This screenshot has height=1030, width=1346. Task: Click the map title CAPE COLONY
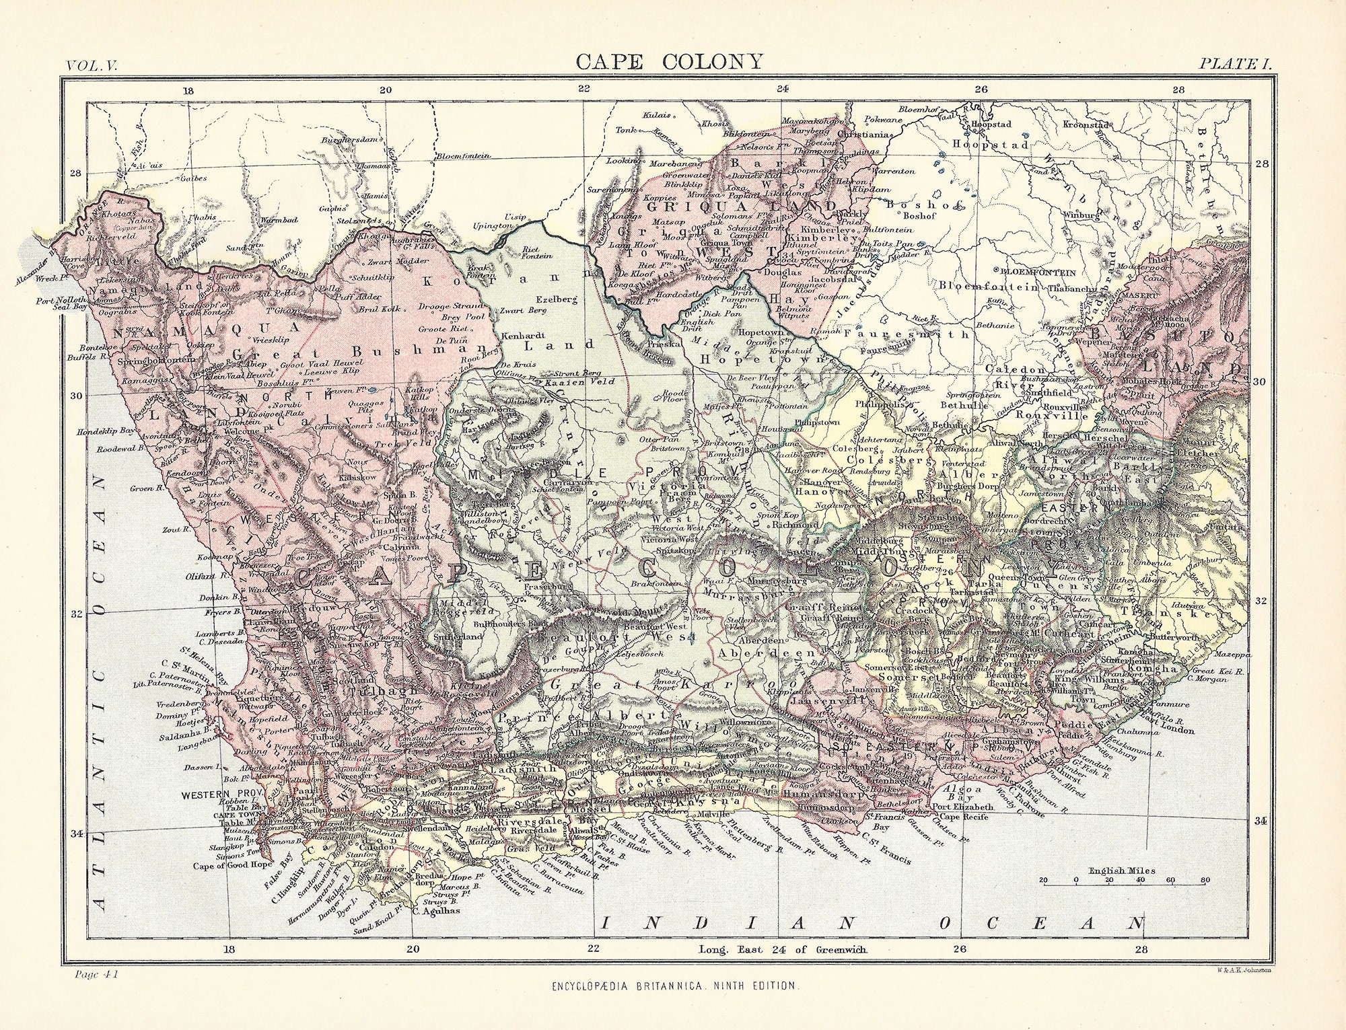(670, 61)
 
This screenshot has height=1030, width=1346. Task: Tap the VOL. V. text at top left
(92, 65)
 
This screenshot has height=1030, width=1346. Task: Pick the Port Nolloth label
(61, 300)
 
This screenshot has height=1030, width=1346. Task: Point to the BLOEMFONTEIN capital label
(1038, 272)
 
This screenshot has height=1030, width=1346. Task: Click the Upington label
(493, 227)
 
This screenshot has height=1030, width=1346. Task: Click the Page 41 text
(93, 973)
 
